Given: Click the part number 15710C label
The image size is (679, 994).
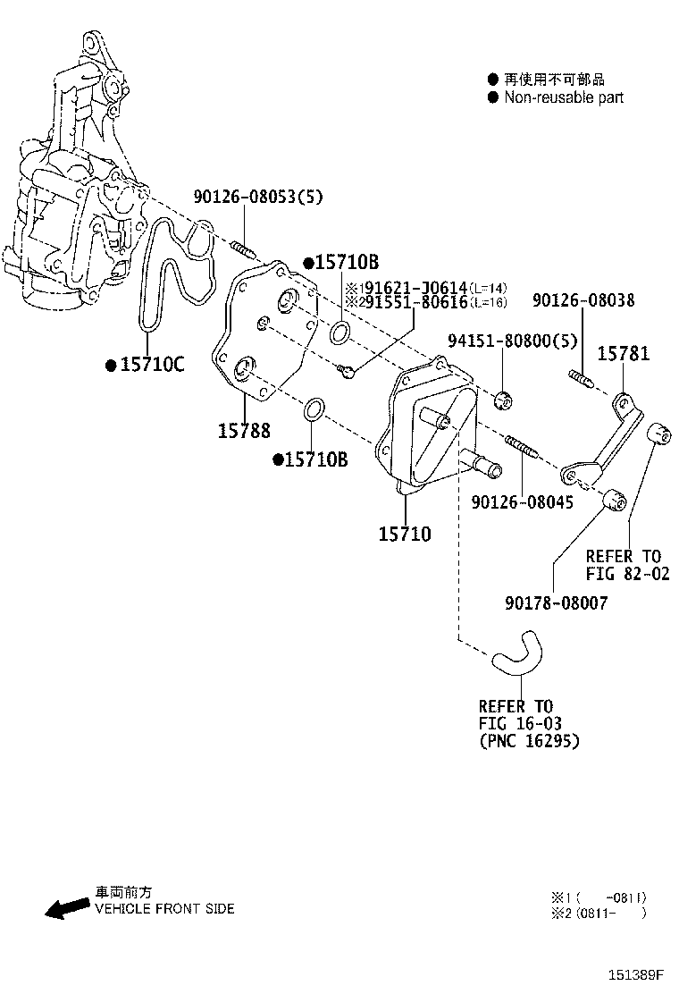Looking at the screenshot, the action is tap(152, 365).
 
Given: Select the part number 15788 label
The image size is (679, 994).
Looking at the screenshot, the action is tap(244, 431).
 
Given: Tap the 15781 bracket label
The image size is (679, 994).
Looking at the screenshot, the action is tap(624, 353).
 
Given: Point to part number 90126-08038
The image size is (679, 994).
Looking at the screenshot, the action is tap(583, 299).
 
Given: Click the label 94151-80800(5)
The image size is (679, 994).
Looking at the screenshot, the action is tap(513, 341).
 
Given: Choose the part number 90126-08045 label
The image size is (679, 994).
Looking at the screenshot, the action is tap(522, 502).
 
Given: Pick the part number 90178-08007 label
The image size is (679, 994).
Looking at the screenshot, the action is tap(556, 602).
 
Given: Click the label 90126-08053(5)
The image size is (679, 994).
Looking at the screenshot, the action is tap(258, 197).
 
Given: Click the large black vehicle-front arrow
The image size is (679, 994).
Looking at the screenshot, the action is tap(67, 908).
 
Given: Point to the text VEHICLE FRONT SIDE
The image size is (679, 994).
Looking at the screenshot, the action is tap(164, 909).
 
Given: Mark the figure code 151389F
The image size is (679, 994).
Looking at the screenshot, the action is tap(636, 974).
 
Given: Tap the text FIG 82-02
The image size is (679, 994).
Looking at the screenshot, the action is tap(627, 574).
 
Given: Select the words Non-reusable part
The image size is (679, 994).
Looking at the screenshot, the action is tap(564, 97).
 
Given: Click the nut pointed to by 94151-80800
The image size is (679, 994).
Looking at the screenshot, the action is tap(504, 400).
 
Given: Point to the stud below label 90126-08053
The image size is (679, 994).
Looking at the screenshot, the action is tap(245, 249).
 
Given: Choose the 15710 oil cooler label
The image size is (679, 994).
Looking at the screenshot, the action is tap(405, 535).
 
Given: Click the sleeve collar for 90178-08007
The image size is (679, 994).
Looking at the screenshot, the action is tap(615, 500).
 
